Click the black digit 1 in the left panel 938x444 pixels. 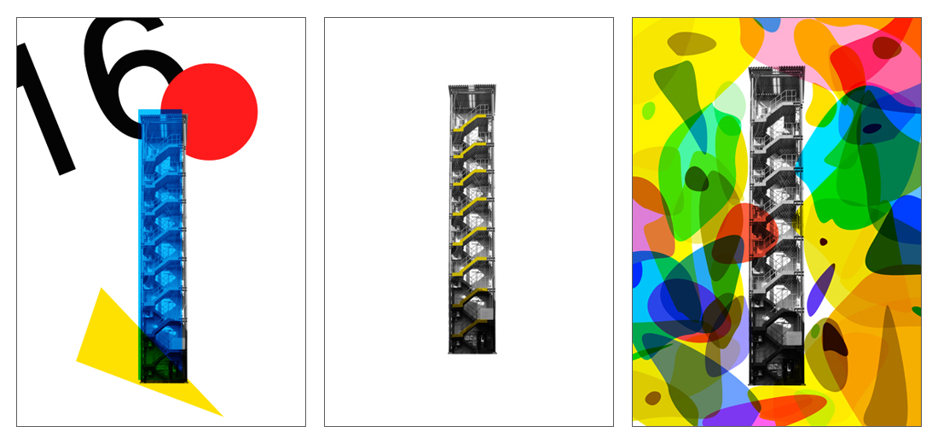click(45, 108)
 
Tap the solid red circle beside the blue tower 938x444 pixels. click(210, 112)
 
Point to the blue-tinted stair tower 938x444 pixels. click(163, 246)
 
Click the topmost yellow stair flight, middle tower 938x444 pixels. click(470, 124)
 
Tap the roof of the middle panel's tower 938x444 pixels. click(472, 89)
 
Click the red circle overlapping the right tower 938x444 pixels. click(747, 231)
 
